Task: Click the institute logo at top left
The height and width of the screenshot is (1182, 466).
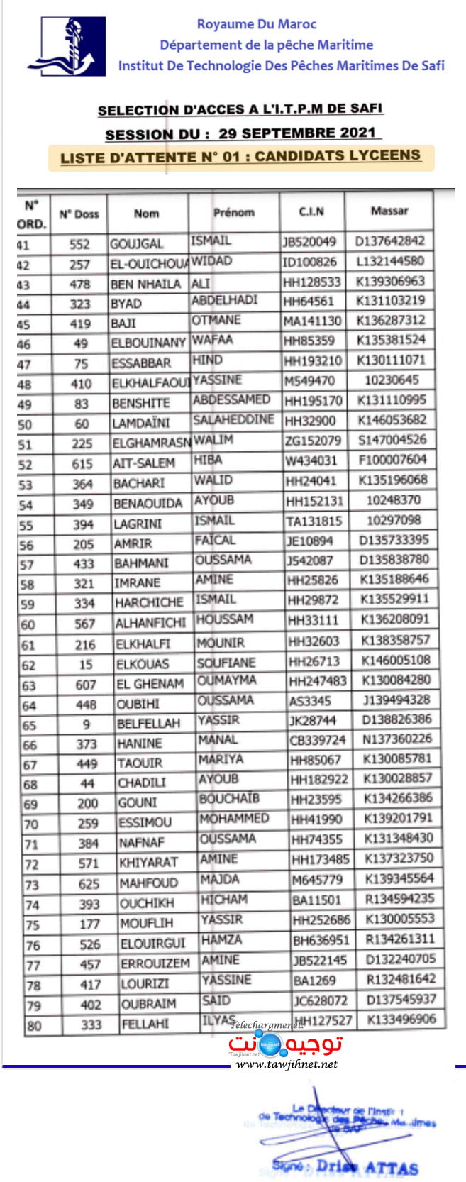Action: click(x=67, y=46)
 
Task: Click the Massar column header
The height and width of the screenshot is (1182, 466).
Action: click(x=389, y=211)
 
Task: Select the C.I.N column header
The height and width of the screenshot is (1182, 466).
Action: click(x=311, y=211)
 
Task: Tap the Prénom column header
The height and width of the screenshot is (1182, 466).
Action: click(x=233, y=212)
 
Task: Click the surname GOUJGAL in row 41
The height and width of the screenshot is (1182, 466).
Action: click(x=137, y=244)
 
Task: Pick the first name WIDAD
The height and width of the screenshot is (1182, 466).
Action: click(x=211, y=260)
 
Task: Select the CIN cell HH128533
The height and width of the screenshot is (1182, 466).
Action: click(x=312, y=282)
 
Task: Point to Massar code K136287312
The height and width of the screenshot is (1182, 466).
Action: click(x=392, y=320)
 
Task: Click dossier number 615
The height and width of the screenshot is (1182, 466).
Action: click(x=82, y=463)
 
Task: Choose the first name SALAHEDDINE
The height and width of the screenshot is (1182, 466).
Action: click(x=233, y=419)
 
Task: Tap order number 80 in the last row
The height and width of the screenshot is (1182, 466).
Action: click(x=34, y=1026)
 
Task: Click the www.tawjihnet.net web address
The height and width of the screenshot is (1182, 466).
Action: click(x=287, y=1064)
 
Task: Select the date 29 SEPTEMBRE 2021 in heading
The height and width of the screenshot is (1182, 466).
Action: click(x=296, y=133)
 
